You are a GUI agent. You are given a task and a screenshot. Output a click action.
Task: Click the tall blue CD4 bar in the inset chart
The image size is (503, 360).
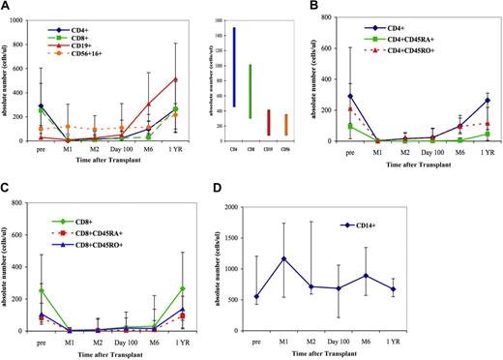287,67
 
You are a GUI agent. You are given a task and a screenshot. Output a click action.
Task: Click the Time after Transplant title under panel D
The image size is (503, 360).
389,353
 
